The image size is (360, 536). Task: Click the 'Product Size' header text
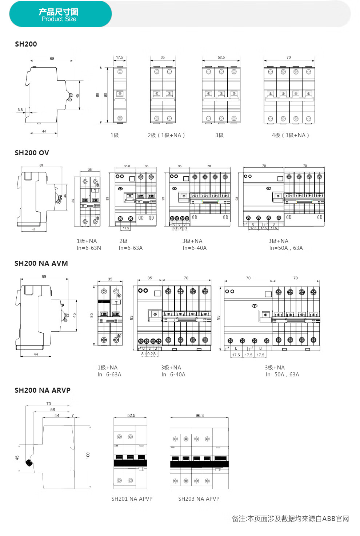tap(59, 19)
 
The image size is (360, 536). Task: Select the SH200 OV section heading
tap(32, 153)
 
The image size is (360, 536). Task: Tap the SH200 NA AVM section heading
tap(41, 264)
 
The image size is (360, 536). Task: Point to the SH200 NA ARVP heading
tap(43, 391)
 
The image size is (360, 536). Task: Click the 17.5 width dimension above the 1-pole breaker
tap(120, 57)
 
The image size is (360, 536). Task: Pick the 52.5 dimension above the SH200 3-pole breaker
tap(221, 57)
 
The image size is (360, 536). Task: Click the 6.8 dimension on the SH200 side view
tap(20, 109)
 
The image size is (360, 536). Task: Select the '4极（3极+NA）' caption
tap(290, 135)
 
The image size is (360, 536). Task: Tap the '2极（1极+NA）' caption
tap(166, 135)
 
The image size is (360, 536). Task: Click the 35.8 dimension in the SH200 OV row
tap(127, 166)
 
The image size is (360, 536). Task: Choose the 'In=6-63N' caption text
tap(89, 248)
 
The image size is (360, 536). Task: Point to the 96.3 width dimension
tap(200, 415)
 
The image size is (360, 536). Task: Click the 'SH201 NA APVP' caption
tap(132, 499)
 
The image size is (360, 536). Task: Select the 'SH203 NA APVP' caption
tap(199, 499)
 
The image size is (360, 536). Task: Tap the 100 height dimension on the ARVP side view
tap(88, 455)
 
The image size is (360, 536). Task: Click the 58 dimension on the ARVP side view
tap(53, 409)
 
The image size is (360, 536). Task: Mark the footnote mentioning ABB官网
tap(290, 519)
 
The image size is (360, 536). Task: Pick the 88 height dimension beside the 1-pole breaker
tap(97, 95)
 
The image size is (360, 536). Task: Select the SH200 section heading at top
tap(26, 44)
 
